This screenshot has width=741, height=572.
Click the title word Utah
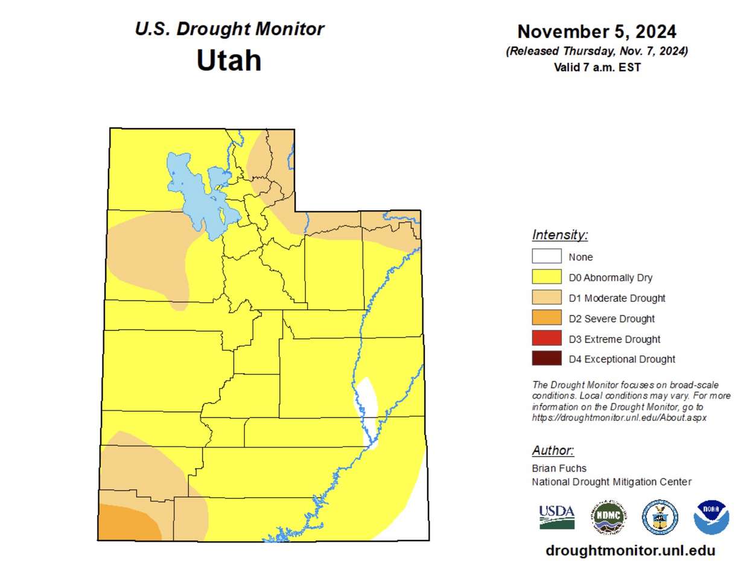click(x=229, y=60)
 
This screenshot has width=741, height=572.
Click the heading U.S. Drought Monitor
click(x=229, y=29)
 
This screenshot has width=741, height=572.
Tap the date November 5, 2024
click(x=596, y=31)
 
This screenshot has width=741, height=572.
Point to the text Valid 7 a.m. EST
click(x=597, y=68)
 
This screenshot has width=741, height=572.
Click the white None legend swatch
click(x=546, y=257)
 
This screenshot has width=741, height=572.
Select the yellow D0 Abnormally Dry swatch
click(x=546, y=277)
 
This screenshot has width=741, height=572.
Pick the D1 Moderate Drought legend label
click(x=617, y=298)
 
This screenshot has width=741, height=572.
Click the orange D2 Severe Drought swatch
click(x=546, y=318)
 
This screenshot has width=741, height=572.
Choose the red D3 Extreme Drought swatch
click(x=546, y=339)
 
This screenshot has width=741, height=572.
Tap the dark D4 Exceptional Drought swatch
click(x=546, y=359)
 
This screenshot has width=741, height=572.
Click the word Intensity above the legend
click(x=559, y=235)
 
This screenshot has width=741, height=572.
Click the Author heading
click(x=553, y=451)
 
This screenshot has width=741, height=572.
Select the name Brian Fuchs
click(x=559, y=468)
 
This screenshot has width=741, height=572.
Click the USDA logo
click(x=556, y=517)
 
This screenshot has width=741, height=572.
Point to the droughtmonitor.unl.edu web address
click(x=630, y=551)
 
